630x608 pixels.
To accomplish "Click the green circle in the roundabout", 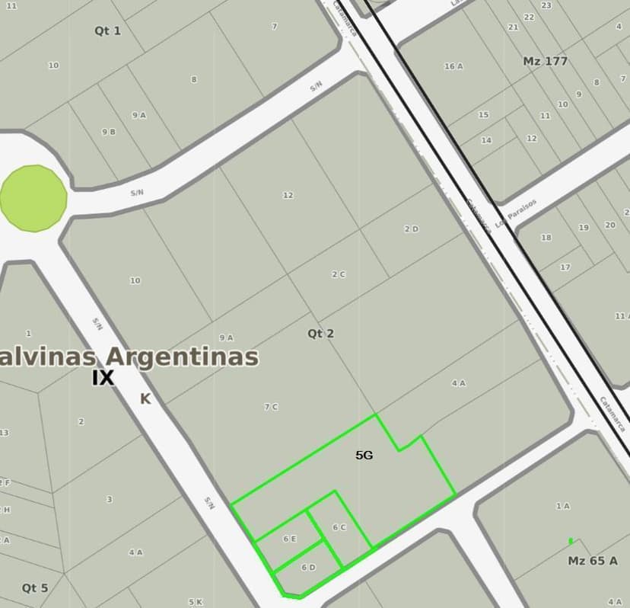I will pos(33,198).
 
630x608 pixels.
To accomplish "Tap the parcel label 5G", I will pos(364,455).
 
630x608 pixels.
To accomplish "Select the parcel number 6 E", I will pos(289,539).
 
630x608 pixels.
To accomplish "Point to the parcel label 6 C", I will pos(339,527).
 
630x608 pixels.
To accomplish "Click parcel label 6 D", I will pos(308,567).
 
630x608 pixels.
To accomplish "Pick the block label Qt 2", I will pos(320,334).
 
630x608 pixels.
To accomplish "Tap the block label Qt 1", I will pos(107,30).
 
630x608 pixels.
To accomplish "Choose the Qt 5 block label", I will pos(35,587).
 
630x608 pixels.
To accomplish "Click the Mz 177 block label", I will pos(546,61).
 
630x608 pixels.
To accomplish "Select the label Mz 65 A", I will pos(593,561).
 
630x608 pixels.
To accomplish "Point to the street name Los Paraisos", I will pos(516,213).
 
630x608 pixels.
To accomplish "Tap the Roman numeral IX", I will pos(103,378).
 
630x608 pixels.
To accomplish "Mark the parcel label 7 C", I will pos(271,407).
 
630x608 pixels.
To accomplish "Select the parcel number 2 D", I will pos(411,229).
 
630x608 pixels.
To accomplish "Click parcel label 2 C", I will pos(339,274).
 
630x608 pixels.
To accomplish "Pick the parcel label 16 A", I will pos(453,66).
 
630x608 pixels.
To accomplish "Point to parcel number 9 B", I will pos(109,132).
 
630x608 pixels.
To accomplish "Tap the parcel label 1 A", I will pos(562,506).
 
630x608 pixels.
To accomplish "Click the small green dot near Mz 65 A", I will pos(571,541).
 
